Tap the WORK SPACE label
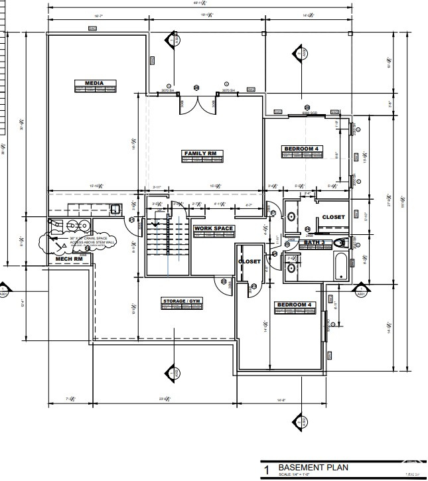214,229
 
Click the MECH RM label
68,259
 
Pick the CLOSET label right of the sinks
333,217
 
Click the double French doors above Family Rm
196,103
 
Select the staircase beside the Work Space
168,242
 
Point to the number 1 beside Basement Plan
266,470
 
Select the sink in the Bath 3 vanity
291,268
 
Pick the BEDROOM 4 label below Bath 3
293,305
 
